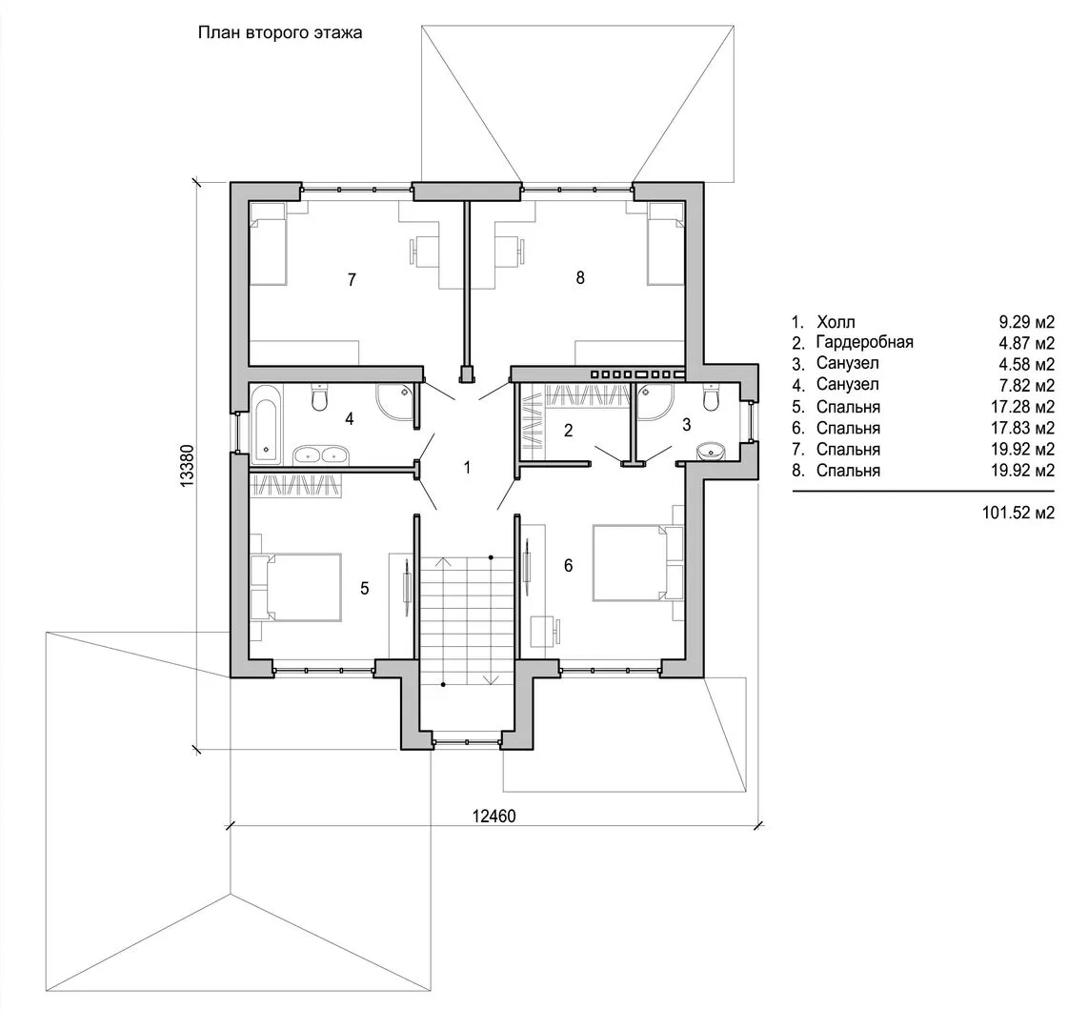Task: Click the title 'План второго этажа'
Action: pyautogui.click(x=280, y=32)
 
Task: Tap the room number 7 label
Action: pyautogui.click(x=352, y=279)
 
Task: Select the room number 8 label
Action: pyautogui.click(x=580, y=277)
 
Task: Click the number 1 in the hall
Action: pyautogui.click(x=467, y=468)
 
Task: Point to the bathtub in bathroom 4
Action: pyautogui.click(x=266, y=425)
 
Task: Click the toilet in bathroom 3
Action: pyautogui.click(x=711, y=397)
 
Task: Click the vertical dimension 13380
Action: pyautogui.click(x=187, y=466)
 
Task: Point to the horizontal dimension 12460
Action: pyautogui.click(x=494, y=816)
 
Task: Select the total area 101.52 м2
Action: pyautogui.click(x=1017, y=513)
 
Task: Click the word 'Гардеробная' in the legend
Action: pyautogui.click(x=864, y=342)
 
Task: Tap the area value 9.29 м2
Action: pyautogui.click(x=1026, y=322)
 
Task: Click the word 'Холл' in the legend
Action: pyautogui.click(x=836, y=322)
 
